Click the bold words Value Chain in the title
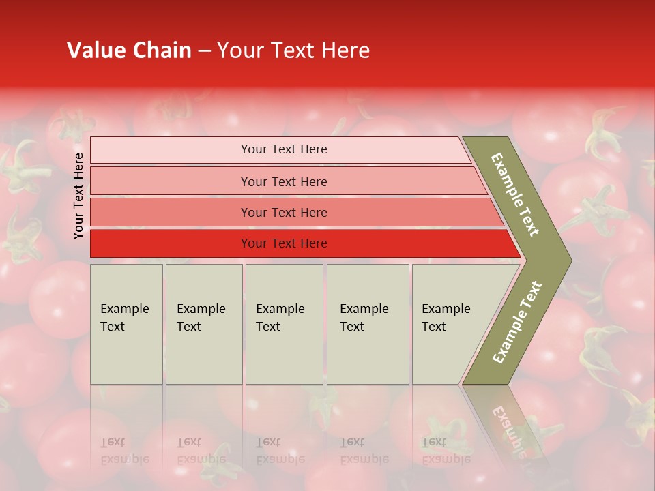tap(129, 50)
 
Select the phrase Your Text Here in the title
tap(293, 50)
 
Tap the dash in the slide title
tap(204, 51)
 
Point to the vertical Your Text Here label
tap(78, 196)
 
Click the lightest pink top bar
tap(283, 149)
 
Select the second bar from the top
tap(283, 181)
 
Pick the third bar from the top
tap(283, 212)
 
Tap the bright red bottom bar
tap(283, 243)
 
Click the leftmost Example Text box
tap(126, 324)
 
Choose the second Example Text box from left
tap(203, 324)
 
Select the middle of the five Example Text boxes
tap(284, 324)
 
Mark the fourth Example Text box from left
tap(367, 324)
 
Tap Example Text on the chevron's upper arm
tap(515, 194)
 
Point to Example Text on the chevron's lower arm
tap(517, 323)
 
